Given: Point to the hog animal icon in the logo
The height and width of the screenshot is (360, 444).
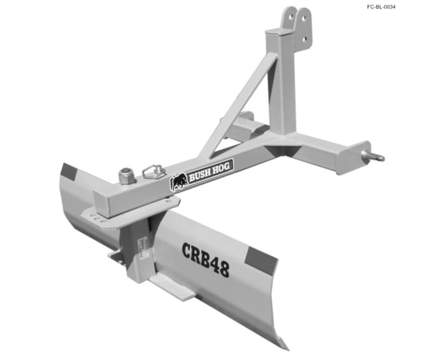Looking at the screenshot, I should coord(179,182).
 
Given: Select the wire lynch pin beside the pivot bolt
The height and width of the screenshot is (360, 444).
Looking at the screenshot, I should coord(154,170).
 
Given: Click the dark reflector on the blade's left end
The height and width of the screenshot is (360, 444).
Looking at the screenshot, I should coord(68,171).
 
